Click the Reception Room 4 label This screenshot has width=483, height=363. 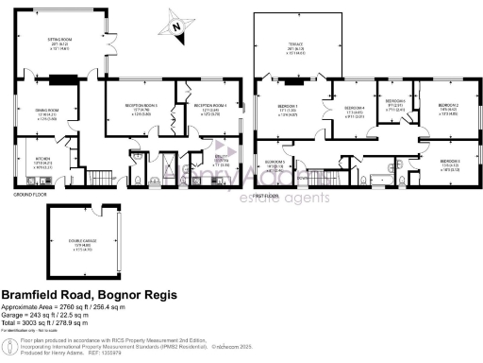click(x=211, y=106)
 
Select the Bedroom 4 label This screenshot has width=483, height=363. click(x=353, y=109)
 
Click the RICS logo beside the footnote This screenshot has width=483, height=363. click(x=12, y=341)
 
